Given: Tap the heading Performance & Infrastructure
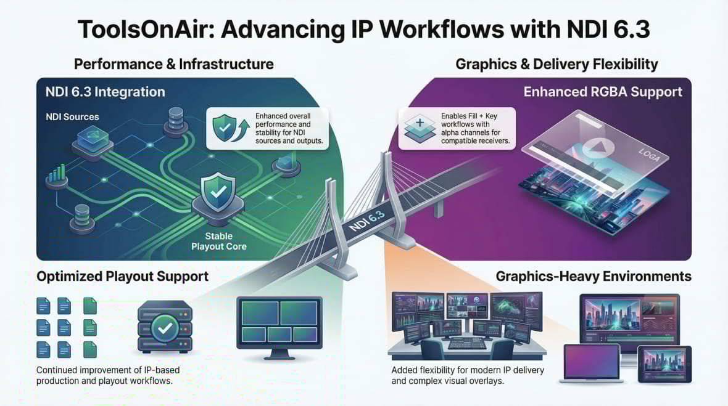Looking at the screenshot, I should (x=173, y=63).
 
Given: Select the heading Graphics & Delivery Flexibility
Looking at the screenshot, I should (x=556, y=63).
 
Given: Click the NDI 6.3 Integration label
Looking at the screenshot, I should (x=105, y=92).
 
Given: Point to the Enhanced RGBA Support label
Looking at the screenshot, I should (x=603, y=92).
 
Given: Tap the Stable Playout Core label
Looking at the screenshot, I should (x=218, y=241).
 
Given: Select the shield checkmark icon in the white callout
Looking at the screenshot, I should (x=225, y=128).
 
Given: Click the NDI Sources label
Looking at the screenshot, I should (x=72, y=116).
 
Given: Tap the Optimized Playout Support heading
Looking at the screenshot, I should (x=122, y=276).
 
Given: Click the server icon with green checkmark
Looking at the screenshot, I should (x=165, y=327).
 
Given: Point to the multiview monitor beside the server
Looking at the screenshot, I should (x=279, y=323).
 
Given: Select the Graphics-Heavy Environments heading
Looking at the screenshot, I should (x=594, y=276).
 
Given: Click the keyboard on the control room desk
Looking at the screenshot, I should (x=466, y=343).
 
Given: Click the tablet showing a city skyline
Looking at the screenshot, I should (x=664, y=364).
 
